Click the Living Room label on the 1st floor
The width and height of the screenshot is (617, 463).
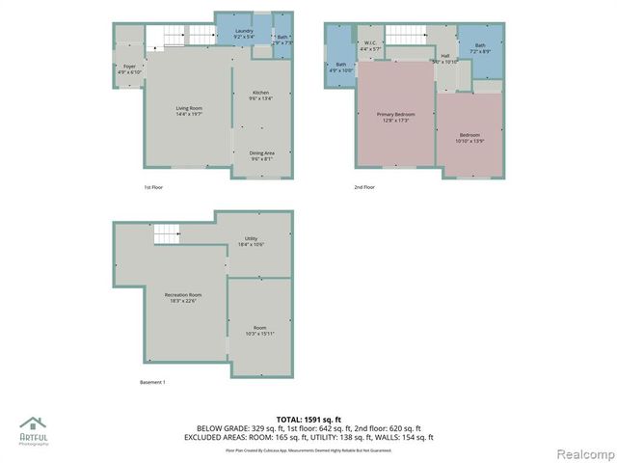coord(188,110)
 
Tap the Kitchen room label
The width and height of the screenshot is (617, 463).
coord(261,95)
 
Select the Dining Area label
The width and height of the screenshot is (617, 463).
coord(261,155)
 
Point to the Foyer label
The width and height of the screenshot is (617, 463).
coord(128,69)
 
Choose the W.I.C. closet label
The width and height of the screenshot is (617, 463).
coord(370,46)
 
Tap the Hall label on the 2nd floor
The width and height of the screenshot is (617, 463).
coord(445,59)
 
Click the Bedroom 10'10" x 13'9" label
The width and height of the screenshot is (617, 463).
coord(469,138)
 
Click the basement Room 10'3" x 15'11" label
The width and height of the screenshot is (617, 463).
coord(259,330)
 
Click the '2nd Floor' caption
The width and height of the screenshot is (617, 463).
coord(363,187)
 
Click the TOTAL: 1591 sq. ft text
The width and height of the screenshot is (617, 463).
coord(308,420)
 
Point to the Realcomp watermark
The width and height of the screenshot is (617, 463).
coord(580,453)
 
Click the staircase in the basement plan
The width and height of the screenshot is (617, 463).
coord(168,234)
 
